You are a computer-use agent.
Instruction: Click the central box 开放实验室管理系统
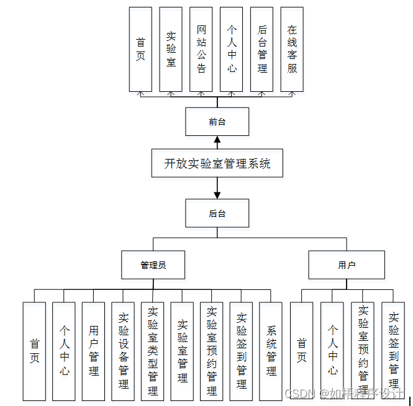click(217, 164)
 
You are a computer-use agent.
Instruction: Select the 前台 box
click(217, 122)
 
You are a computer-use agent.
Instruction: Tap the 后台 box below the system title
click(217, 214)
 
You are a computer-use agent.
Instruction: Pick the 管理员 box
click(153, 265)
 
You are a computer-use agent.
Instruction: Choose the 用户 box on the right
click(347, 265)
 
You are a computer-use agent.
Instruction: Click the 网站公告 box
click(201, 50)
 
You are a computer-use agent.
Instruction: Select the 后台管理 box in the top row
click(262, 50)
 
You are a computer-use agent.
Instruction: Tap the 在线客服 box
click(292, 50)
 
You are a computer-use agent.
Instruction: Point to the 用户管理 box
click(93, 351)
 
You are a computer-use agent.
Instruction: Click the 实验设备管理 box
click(123, 351)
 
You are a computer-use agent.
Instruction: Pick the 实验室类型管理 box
click(153, 351)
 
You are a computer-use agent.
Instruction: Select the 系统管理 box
click(271, 351)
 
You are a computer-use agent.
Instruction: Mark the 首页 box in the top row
click(140, 50)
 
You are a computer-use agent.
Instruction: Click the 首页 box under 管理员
click(34, 351)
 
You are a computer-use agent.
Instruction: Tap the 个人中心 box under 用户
click(332, 351)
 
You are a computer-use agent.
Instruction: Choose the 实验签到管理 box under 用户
click(393, 351)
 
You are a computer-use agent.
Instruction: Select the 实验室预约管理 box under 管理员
click(212, 351)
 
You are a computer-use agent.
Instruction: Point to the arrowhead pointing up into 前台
click(217, 140)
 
